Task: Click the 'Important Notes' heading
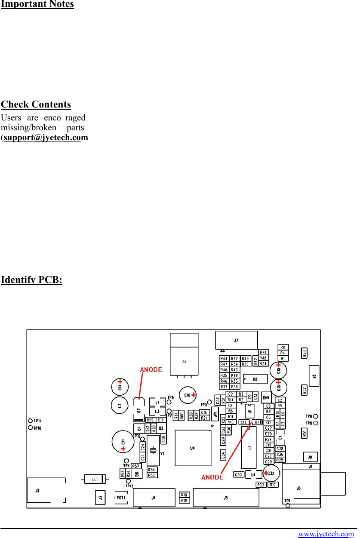click(x=37, y=4)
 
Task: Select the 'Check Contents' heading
click(x=36, y=105)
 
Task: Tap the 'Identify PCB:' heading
click(x=31, y=280)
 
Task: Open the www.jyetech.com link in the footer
click(x=326, y=534)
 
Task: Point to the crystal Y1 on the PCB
click(x=153, y=450)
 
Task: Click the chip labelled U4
click(x=192, y=448)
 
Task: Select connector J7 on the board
click(x=236, y=340)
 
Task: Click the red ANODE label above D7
click(x=151, y=369)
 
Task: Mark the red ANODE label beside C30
click(x=212, y=477)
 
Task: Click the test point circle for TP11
click(x=30, y=421)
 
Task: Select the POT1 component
click(x=121, y=497)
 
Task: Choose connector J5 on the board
click(x=226, y=498)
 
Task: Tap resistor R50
click(x=304, y=354)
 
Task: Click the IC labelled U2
click(x=255, y=379)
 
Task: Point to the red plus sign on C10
click(x=194, y=395)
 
